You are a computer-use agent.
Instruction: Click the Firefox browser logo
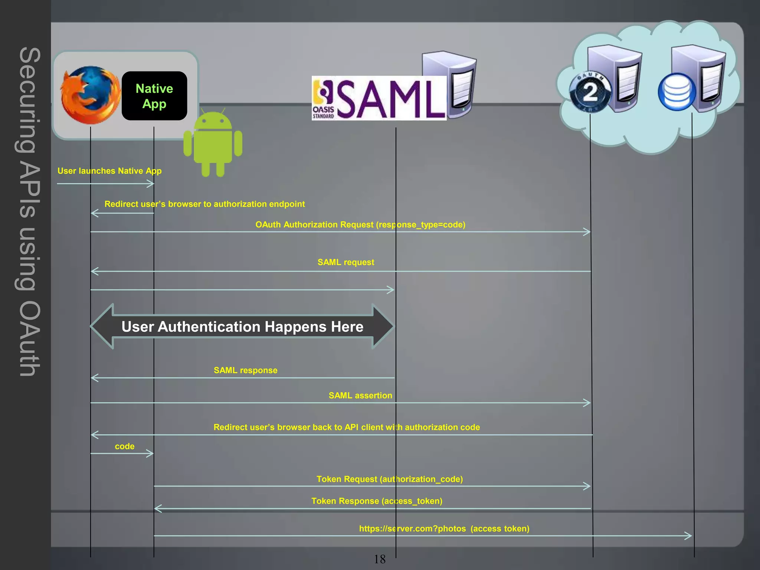pos(90,95)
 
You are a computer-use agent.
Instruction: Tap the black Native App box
pos(154,96)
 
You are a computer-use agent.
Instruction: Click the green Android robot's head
pos(213,121)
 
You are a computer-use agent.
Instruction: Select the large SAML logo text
pos(392,99)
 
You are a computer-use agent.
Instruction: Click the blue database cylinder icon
pos(677,92)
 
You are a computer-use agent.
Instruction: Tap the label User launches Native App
pos(109,171)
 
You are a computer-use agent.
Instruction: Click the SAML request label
pos(345,262)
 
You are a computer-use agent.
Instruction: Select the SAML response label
pos(245,370)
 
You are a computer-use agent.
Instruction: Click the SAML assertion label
pos(360,396)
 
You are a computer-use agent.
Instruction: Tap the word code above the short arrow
pos(125,446)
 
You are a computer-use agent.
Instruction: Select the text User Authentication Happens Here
pos(242,327)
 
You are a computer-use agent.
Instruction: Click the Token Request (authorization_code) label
pos(389,479)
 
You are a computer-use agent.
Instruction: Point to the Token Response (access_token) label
pos(377,501)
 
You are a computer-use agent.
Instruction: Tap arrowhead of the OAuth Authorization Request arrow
pos(587,232)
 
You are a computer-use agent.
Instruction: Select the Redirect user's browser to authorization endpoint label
pos(204,204)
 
